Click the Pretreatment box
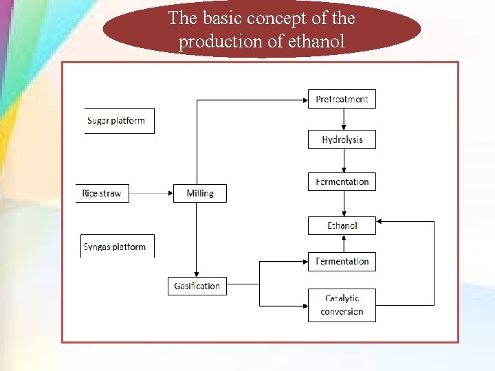point(342,99)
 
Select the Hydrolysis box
point(342,139)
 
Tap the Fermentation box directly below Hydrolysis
point(342,181)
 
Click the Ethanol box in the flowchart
point(342,225)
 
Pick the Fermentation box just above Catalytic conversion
point(342,261)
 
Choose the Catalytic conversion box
point(342,305)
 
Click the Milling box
point(199,193)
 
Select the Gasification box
point(197,286)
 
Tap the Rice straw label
point(102,193)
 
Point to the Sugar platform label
point(116,120)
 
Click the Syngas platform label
point(115,247)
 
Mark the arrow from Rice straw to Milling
point(151,193)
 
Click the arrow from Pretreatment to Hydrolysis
point(344,119)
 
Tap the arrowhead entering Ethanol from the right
point(382,222)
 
